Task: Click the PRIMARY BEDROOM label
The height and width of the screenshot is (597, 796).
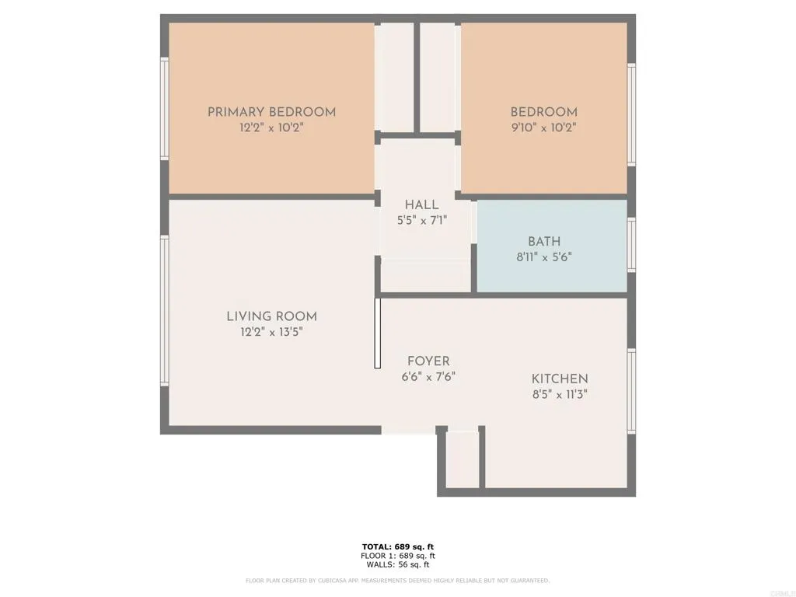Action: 271,112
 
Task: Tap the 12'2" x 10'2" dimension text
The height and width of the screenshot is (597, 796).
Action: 271,128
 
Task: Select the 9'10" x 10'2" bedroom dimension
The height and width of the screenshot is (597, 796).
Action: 543,128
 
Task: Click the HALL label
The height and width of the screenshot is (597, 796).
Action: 421,204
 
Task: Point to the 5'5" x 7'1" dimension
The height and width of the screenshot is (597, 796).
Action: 421,220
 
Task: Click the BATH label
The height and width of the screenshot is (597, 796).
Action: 543,241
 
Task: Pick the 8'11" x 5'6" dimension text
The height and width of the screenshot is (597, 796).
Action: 543,257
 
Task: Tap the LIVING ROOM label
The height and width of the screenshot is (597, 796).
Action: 271,316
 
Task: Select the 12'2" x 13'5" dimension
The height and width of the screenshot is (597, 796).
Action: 271,332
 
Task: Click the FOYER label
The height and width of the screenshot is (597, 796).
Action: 428,361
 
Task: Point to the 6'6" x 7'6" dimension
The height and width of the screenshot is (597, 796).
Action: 428,377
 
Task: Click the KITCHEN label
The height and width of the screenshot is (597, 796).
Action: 560,379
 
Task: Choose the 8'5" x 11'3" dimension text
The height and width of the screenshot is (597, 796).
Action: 560,394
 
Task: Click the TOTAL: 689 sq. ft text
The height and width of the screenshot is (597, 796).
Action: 398,546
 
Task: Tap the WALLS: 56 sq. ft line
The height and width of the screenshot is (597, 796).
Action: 398,564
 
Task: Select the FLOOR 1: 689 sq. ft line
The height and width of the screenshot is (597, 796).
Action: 398,556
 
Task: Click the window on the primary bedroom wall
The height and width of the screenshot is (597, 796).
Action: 164,109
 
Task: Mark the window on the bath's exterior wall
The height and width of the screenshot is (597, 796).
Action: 631,245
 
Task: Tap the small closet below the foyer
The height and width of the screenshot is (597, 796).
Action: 462,460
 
